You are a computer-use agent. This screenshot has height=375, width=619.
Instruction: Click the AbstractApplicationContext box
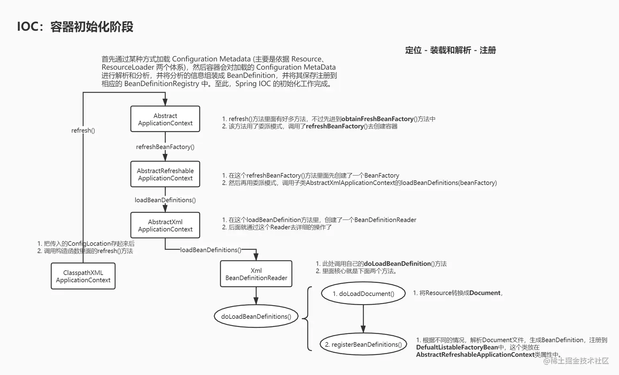pyautogui.click(x=165, y=119)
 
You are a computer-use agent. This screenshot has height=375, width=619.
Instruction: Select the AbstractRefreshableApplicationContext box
pyautogui.click(x=165, y=174)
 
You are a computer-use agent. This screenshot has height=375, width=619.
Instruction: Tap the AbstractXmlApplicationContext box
pyautogui.click(x=165, y=225)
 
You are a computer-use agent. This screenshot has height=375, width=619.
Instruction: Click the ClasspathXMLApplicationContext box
pyautogui.click(x=83, y=276)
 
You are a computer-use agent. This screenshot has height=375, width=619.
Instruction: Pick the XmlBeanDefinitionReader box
pyautogui.click(x=256, y=274)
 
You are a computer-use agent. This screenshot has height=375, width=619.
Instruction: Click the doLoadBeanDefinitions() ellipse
pyautogui.click(x=256, y=316)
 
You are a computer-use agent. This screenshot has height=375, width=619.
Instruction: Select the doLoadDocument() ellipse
pyautogui.click(x=364, y=294)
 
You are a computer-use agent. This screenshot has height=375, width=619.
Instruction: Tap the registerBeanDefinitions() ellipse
pyautogui.click(x=364, y=344)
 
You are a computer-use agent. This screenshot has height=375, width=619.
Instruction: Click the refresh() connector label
pyautogui.click(x=83, y=131)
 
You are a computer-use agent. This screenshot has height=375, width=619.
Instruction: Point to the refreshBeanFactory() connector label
pyautogui.click(x=165, y=147)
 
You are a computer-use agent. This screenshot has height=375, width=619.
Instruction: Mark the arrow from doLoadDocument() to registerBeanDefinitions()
pyautogui.click(x=363, y=319)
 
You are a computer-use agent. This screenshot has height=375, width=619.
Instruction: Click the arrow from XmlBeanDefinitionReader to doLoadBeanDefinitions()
pyautogui.click(x=256, y=296)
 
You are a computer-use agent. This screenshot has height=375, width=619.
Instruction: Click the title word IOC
pyautogui.click(x=28, y=27)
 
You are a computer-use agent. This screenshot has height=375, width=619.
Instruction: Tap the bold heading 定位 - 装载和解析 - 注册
pyautogui.click(x=451, y=50)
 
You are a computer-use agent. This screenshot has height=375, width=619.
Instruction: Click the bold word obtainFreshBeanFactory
pyautogui.click(x=377, y=119)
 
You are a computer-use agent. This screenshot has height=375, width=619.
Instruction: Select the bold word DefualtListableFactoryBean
pyautogui.click(x=457, y=347)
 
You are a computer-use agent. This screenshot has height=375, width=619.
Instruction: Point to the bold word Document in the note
pyautogui.click(x=485, y=293)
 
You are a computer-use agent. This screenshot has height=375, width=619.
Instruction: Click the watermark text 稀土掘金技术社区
pyautogui.click(x=579, y=361)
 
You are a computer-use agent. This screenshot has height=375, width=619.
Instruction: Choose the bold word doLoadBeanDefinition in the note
pyautogui.click(x=398, y=264)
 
